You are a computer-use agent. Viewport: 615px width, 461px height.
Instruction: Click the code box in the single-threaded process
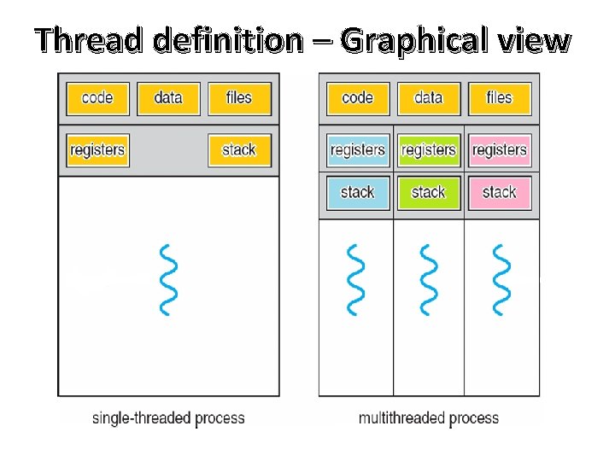click(97, 98)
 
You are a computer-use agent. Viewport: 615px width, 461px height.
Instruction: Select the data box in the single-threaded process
click(168, 98)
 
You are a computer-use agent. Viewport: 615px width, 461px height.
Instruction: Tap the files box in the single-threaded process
click(239, 98)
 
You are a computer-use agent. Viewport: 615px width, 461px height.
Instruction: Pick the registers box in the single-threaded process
click(97, 150)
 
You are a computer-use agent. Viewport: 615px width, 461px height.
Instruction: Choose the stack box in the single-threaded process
click(239, 150)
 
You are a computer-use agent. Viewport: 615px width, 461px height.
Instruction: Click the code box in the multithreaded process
click(357, 98)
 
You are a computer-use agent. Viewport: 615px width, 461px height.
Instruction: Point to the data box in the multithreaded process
click(428, 98)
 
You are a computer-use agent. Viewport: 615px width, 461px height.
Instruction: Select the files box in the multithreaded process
click(499, 98)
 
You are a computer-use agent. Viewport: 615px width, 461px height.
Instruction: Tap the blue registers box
click(357, 150)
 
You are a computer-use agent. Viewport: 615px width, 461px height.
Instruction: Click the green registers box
click(428, 150)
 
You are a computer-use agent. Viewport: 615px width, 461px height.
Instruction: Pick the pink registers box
click(499, 150)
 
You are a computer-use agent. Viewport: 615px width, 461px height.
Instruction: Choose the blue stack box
click(357, 192)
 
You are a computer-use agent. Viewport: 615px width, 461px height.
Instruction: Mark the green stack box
click(428, 192)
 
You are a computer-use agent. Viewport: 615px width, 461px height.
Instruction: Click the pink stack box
click(499, 192)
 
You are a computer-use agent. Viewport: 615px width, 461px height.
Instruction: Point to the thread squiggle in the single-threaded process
click(169, 279)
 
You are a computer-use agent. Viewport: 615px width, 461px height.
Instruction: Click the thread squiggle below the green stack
click(428, 279)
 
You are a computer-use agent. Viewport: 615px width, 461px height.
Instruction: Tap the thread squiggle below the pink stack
click(499, 279)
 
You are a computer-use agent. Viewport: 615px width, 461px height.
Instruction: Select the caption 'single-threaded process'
click(168, 418)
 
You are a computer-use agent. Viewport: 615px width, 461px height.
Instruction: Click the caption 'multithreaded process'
click(429, 418)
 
